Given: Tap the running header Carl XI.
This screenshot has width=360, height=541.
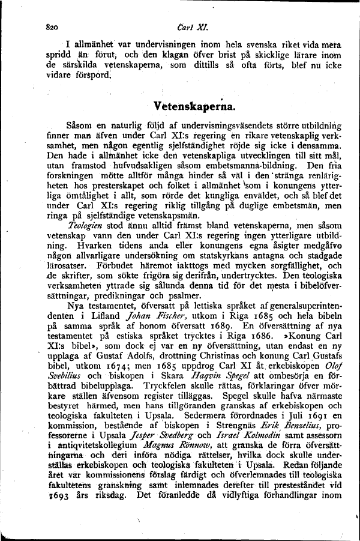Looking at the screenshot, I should pos(180,26).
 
